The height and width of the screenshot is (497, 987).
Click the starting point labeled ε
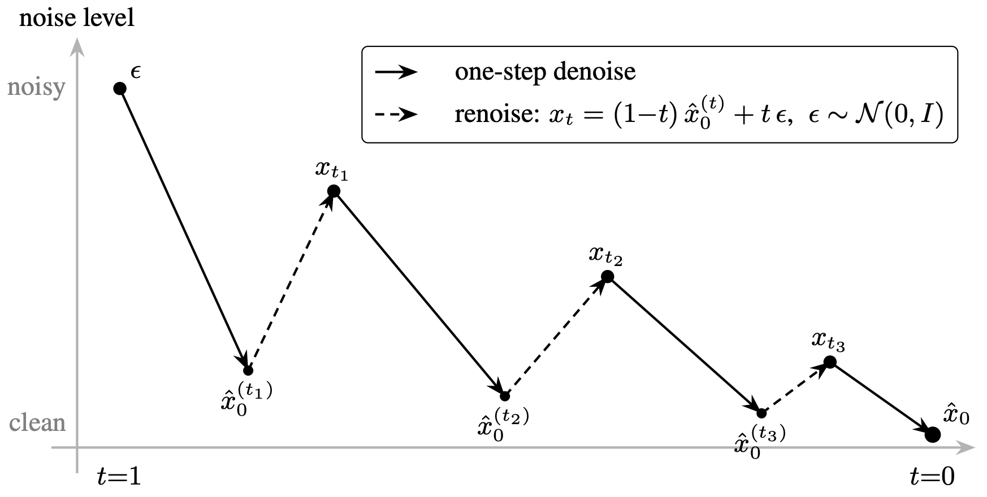point(120,89)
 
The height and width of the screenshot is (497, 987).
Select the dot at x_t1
point(334,191)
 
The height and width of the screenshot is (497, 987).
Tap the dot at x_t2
point(607,277)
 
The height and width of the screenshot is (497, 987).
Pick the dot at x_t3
point(830,362)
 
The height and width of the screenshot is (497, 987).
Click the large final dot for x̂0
point(933,434)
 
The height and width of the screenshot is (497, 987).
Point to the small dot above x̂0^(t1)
point(248,370)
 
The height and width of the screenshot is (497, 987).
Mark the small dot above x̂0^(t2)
point(505,396)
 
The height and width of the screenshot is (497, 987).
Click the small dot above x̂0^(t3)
point(761,413)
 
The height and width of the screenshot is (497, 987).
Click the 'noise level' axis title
point(77,18)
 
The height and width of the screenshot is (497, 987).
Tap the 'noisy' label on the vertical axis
point(37,88)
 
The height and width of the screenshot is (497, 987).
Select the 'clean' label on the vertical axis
point(37,422)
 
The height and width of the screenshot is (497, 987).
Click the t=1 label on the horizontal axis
point(119,477)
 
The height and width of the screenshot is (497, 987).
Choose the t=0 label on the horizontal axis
point(932,477)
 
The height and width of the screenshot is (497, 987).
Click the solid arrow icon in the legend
point(396,72)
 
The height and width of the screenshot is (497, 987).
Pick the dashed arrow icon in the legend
point(396,115)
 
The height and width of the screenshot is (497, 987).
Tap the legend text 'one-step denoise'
point(546,72)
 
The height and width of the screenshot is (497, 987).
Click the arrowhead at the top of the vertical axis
point(77,47)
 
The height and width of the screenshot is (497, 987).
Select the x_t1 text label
point(332,171)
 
